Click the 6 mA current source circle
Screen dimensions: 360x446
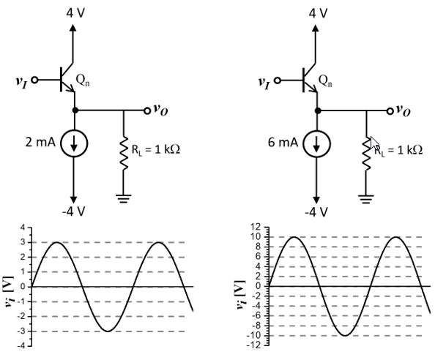pyautogui.click(x=316, y=143)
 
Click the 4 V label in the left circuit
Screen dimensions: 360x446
pyautogui.click(x=75, y=12)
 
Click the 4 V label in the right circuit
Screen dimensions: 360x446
pyautogui.click(x=319, y=12)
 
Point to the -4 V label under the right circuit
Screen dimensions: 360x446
pyautogui.click(x=317, y=211)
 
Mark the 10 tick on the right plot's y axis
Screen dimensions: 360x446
pyautogui.click(x=256, y=237)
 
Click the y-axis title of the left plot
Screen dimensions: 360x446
pyautogui.click(x=8, y=287)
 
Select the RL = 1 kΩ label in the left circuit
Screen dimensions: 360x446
pyautogui.click(x=157, y=149)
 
